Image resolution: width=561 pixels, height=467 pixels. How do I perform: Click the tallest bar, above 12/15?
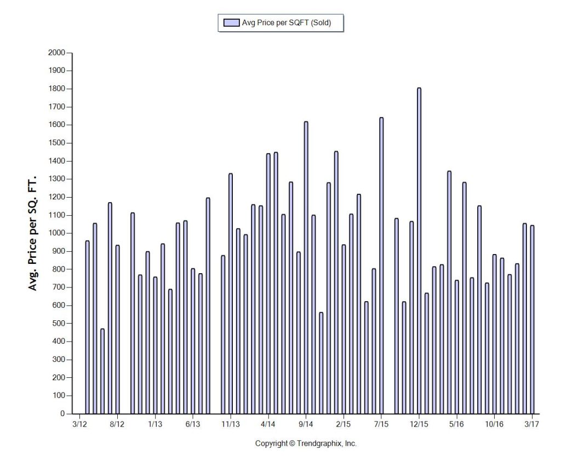419,251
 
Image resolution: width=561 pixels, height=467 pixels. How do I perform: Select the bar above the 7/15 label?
381,266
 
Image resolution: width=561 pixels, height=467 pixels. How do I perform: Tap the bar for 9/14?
306,268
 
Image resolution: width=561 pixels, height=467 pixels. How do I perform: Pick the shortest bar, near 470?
102,371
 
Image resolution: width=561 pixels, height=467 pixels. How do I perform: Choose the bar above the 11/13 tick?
231,293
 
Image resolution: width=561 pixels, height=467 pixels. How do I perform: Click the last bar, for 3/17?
532,320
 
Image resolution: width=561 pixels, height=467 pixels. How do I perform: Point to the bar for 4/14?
268,284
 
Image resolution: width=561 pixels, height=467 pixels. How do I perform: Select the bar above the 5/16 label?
457,347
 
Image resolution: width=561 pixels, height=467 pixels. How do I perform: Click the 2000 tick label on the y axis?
56,53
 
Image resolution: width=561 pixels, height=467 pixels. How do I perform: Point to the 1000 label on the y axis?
56,233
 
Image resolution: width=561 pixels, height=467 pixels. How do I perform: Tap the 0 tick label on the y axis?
62,414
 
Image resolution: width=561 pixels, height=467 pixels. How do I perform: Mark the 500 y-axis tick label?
59,323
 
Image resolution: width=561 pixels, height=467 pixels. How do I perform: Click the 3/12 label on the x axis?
79,424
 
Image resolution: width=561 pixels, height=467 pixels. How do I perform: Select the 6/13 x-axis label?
192,424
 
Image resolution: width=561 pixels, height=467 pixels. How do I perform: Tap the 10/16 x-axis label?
494,424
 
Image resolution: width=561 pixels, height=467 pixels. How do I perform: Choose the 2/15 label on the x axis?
344,424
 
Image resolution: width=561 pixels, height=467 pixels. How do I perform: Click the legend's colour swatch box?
232,22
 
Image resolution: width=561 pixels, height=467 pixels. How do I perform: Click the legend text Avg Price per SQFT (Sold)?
287,22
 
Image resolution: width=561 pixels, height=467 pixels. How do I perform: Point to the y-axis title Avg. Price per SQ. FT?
32,233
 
